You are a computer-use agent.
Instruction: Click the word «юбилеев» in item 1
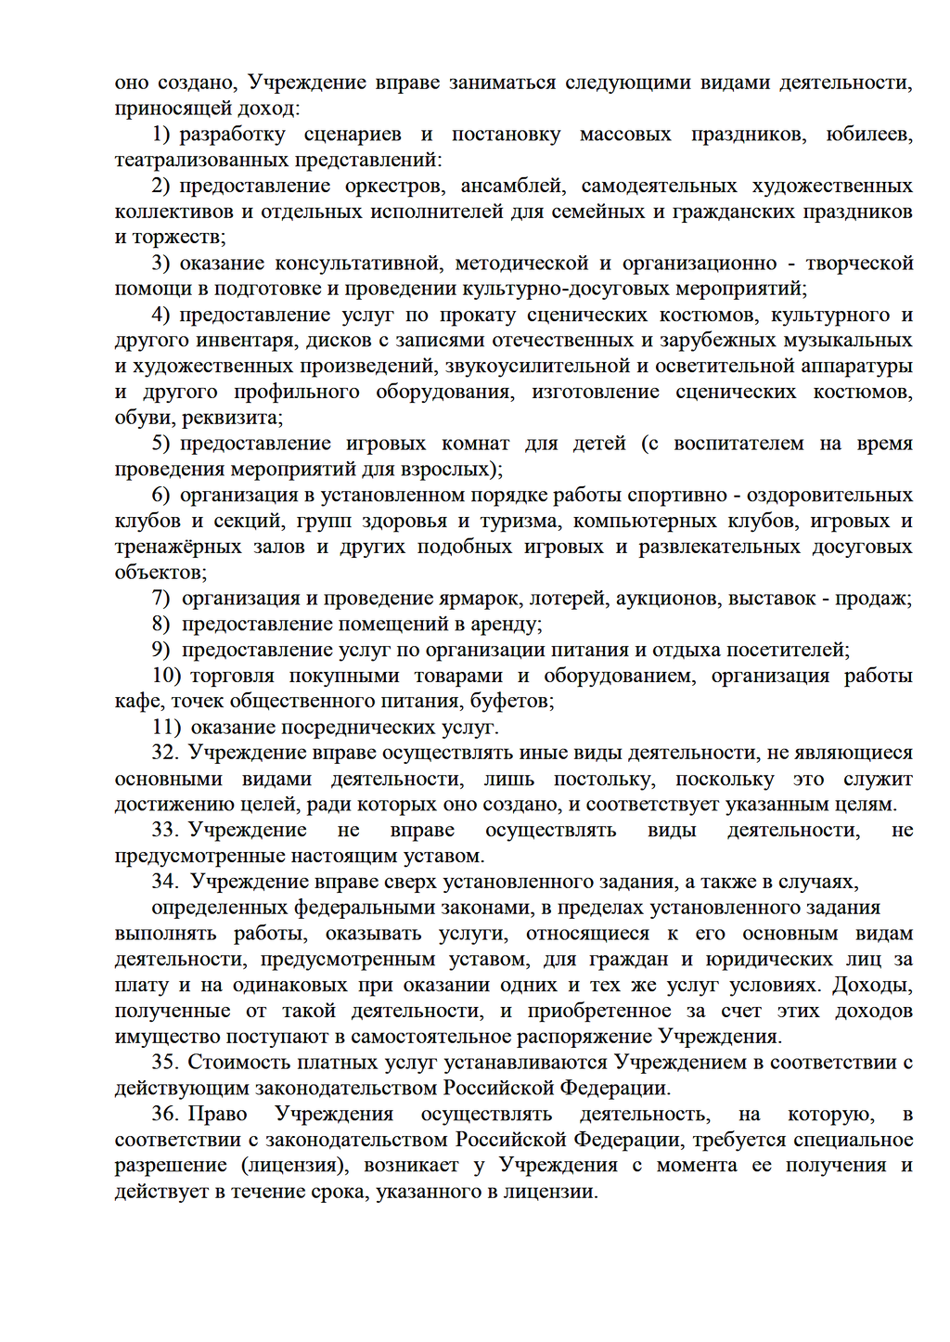(x=868, y=135)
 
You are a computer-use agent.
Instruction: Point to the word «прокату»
(x=477, y=316)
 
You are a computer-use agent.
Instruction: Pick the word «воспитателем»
(x=738, y=444)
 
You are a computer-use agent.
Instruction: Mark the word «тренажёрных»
(x=177, y=547)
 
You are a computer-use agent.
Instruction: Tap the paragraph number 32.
(x=165, y=753)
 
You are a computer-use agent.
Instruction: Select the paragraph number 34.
(x=165, y=882)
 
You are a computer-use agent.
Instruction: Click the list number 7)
(x=161, y=599)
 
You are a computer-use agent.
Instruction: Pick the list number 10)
(x=166, y=676)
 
